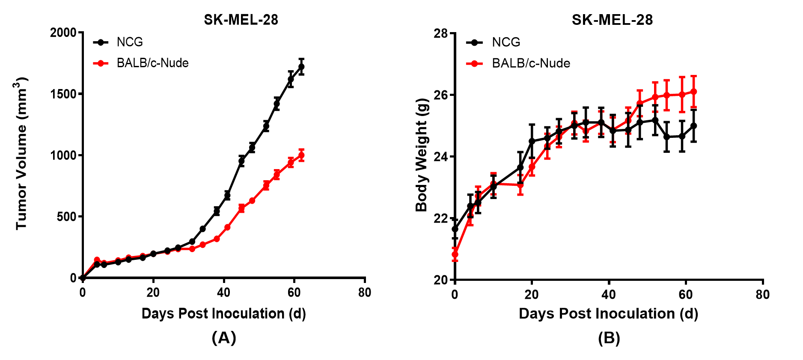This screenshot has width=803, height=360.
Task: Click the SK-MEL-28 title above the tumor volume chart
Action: pyautogui.click(x=241, y=20)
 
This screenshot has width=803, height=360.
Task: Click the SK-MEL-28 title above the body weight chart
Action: pyautogui.click(x=612, y=20)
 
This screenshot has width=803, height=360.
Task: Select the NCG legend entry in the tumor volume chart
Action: pyautogui.click(x=129, y=42)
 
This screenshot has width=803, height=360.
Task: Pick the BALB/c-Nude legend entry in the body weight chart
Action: pyautogui.click(x=531, y=63)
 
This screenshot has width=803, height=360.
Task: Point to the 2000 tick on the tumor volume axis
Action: pyautogui.click(x=63, y=33)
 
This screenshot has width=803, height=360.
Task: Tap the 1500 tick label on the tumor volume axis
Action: pyautogui.click(x=63, y=94)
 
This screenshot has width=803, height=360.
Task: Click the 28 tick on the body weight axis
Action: pyautogui.click(x=440, y=33)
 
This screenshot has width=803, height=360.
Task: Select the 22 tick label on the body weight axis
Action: pyautogui.click(x=440, y=218)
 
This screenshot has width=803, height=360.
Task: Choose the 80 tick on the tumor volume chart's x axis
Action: pyautogui.click(x=365, y=293)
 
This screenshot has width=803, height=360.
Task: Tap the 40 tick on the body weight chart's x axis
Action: pyautogui.click(x=609, y=295)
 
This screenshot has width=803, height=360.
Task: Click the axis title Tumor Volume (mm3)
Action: pyautogui.click(x=21, y=153)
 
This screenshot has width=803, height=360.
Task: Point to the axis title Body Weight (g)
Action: pyautogui.click(x=422, y=155)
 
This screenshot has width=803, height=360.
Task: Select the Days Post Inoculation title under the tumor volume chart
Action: pyautogui.click(x=223, y=313)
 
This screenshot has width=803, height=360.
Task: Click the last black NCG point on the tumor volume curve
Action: pyautogui.click(x=301, y=67)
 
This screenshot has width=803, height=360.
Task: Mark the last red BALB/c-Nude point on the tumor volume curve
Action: pyautogui.click(x=301, y=155)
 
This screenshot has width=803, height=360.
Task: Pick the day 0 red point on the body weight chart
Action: pyautogui.click(x=455, y=254)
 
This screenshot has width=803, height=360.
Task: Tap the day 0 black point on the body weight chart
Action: pyautogui.click(x=455, y=229)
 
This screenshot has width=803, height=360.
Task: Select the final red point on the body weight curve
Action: pyautogui.click(x=693, y=92)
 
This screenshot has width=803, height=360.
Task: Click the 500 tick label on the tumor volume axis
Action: pyautogui.click(x=66, y=217)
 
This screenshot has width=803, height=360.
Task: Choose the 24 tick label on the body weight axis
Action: pyautogui.click(x=440, y=157)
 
